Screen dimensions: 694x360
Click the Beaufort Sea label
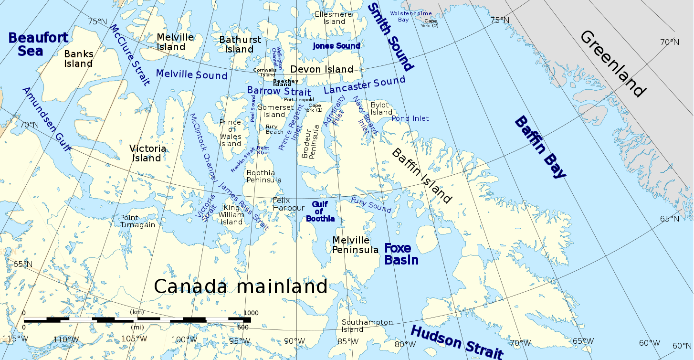coord(38,44)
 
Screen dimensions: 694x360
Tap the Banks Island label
coord(78,59)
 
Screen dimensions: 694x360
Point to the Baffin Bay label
coord(539,147)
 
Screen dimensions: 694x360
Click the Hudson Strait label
coord(456,342)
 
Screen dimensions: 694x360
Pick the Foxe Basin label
coord(401,254)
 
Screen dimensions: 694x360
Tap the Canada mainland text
coord(241,286)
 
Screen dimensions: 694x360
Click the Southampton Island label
coord(367,326)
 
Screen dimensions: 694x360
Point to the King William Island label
coord(231,215)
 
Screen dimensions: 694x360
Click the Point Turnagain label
coord(137,221)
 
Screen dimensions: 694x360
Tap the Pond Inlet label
coord(410,118)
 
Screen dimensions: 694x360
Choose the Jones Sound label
coord(336,46)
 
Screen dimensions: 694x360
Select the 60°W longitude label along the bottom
coord(649,342)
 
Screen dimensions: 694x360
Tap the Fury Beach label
coord(274,129)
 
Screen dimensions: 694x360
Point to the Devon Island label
coord(322,69)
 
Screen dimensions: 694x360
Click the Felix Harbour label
coord(288,204)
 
